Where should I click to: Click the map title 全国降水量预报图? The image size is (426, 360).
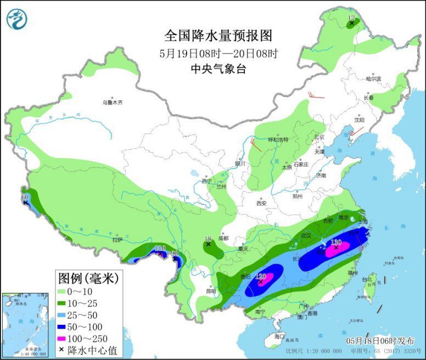[x=218, y=36]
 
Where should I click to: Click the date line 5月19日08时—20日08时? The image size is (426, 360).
[x=218, y=54]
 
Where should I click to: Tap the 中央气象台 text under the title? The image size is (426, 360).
[x=218, y=69]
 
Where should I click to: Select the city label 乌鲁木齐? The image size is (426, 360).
[x=112, y=102]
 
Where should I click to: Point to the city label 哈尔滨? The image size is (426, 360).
[x=373, y=79]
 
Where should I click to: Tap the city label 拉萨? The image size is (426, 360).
[x=117, y=240]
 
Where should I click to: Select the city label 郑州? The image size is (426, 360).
[x=298, y=196]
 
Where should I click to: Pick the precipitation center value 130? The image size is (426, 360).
[x=336, y=242]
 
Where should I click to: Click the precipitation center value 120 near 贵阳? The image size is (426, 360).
[x=261, y=276]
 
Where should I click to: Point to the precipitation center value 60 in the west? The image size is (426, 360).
[x=25, y=196]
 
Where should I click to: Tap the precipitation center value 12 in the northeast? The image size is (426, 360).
[x=351, y=18]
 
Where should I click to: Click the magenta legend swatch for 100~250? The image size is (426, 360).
[x=66, y=338]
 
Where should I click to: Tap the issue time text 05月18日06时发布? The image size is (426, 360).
[x=378, y=340]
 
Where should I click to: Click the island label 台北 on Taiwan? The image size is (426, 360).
[x=367, y=279]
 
